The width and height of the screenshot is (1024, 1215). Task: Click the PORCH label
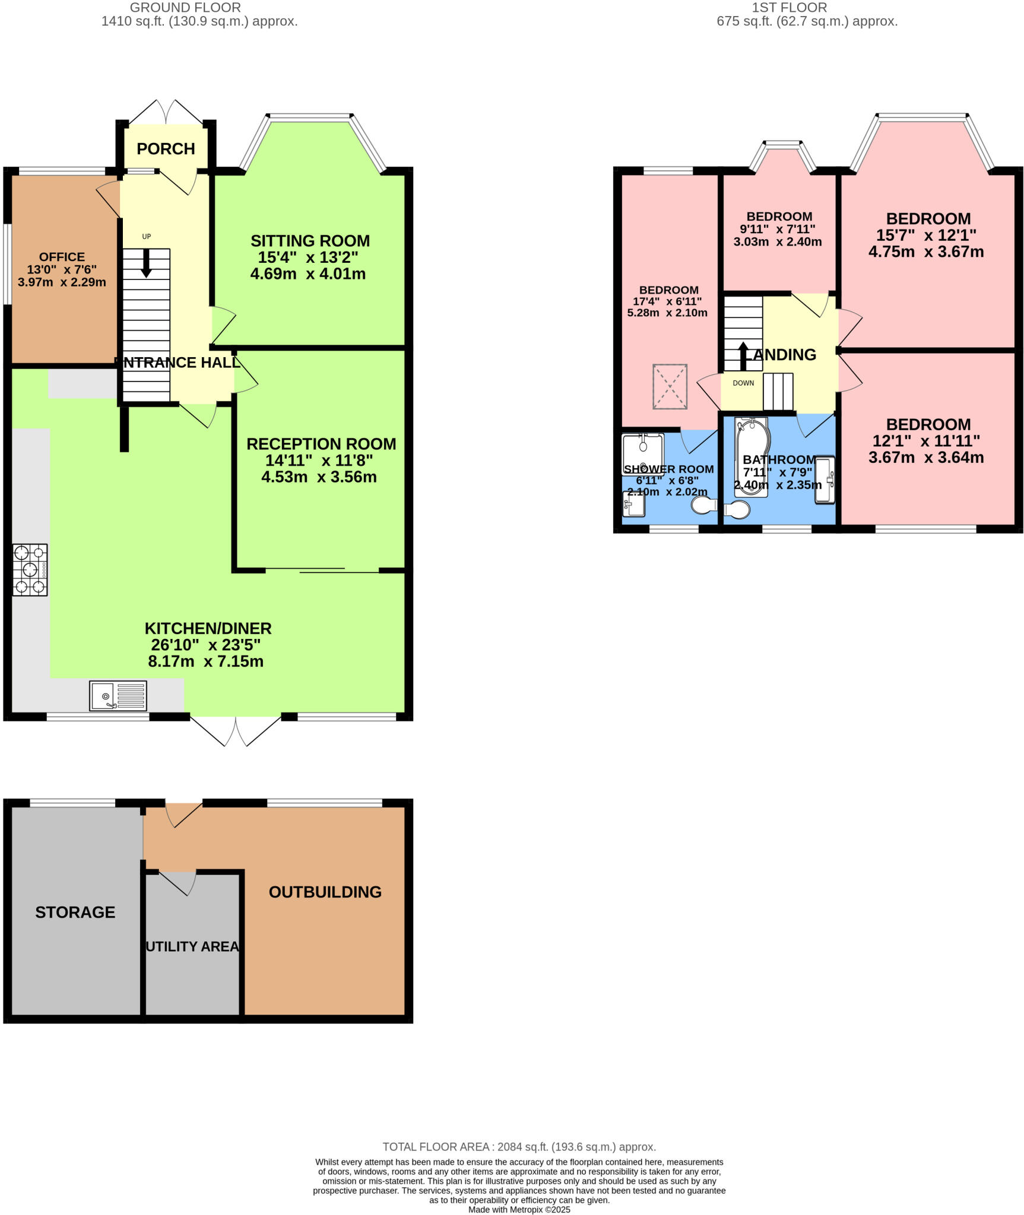coord(166,149)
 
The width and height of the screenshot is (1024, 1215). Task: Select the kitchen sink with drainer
coord(118,695)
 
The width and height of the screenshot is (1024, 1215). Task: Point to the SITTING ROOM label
coord(310,241)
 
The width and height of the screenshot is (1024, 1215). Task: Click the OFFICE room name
coord(62,257)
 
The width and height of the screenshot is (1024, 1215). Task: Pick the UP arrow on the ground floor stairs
coord(146,263)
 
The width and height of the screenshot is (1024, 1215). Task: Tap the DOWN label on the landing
coord(743,383)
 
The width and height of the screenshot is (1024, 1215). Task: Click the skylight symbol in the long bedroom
coord(670,387)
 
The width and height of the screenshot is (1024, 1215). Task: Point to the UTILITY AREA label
coord(192,947)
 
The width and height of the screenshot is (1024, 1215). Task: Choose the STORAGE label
coord(75,912)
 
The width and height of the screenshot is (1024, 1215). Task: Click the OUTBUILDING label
coord(325,892)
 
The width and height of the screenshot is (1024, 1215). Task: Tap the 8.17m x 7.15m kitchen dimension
coord(205,661)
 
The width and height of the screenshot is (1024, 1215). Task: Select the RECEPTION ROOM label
coord(321,444)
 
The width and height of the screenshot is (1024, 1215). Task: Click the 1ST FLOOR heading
coord(789,8)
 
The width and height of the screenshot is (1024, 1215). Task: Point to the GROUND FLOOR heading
coord(185,8)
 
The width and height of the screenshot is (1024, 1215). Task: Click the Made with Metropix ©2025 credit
coord(519,1210)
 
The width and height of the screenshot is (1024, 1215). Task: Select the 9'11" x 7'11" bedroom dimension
coord(777,229)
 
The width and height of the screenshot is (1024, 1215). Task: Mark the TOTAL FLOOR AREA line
coord(519,1147)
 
